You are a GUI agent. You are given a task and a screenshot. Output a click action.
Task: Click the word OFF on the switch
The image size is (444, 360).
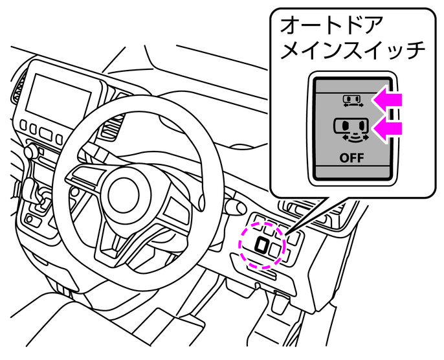coord(351,157)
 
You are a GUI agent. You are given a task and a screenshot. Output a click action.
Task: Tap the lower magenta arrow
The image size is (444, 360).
coord(390,127)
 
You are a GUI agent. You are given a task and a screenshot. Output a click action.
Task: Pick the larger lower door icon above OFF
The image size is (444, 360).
coord(351,128)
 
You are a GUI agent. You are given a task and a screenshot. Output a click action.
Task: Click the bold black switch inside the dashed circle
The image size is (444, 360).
coord(263,245)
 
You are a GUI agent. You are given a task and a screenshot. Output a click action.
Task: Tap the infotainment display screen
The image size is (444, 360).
coord(58,96)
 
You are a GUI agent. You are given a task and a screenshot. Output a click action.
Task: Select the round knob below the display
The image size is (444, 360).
coord(28,152)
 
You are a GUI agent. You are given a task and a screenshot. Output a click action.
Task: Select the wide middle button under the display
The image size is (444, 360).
coord(45,133)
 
